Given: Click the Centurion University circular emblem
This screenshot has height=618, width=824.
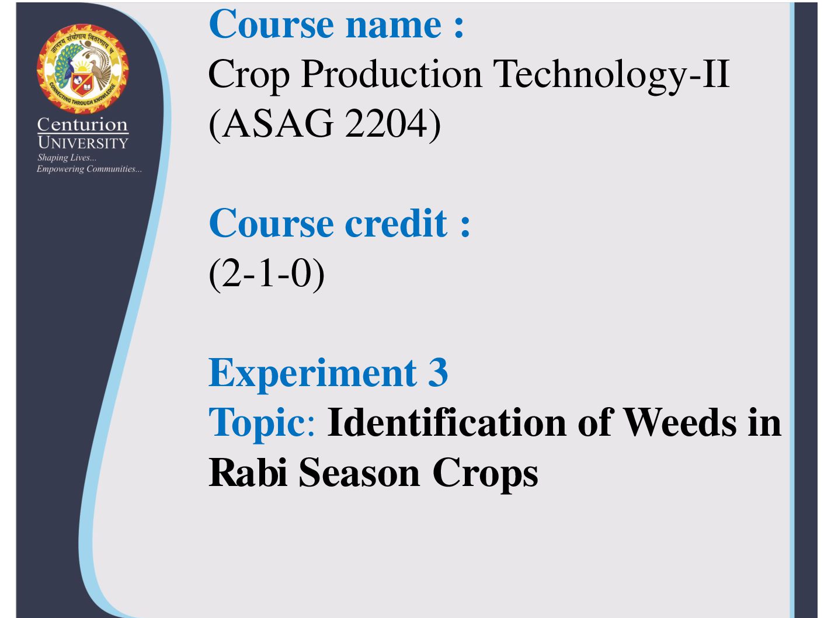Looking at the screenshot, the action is [x=82, y=69].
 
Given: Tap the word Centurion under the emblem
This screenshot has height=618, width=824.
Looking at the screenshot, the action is [x=82, y=124].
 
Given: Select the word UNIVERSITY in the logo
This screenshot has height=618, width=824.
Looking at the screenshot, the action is [x=83, y=143].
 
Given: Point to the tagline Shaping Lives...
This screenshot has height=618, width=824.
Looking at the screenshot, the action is [x=67, y=158].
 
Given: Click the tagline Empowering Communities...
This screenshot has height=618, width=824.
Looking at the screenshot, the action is [x=89, y=169].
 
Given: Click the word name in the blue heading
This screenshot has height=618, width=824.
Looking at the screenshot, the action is [x=394, y=25].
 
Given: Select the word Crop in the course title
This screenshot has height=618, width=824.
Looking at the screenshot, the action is [x=249, y=76].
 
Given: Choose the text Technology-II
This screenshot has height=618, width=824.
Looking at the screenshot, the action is [x=611, y=76].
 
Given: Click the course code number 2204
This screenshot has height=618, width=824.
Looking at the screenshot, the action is [x=386, y=123].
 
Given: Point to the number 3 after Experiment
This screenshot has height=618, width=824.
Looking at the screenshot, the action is [x=439, y=372].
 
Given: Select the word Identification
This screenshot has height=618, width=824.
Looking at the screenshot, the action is [x=447, y=422].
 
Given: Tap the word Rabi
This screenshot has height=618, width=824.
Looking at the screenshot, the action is [x=248, y=471].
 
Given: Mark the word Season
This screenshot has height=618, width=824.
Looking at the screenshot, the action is [x=359, y=473].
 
